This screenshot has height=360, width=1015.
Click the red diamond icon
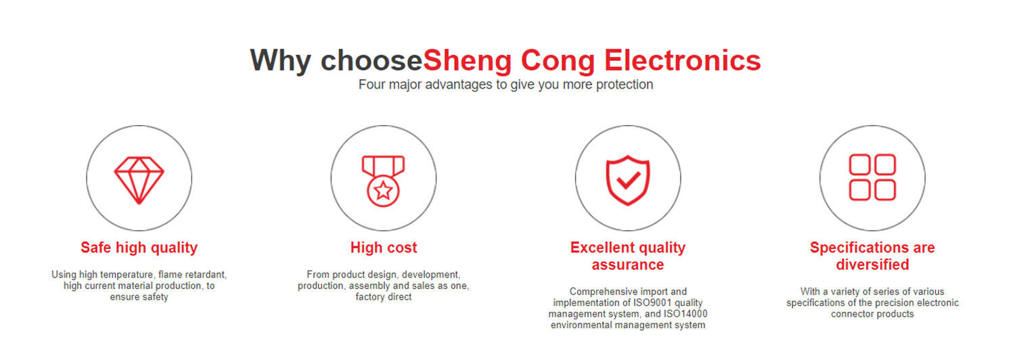[139, 181]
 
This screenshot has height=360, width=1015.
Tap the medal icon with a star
[384, 181]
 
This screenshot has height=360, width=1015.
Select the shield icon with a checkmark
[628, 180]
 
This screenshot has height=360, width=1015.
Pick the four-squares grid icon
[872, 177]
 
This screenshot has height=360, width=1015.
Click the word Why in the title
[281, 61]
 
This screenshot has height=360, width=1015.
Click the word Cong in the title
[558, 61]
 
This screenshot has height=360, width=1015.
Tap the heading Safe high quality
[139, 248]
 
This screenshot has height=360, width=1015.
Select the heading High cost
[384, 248]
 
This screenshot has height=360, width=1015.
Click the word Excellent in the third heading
[602, 247]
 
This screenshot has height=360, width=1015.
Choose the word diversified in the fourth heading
[872, 265]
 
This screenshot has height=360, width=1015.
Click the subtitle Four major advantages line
[505, 85]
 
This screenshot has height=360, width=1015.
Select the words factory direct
[384, 297]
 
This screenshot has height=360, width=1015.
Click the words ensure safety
[139, 297]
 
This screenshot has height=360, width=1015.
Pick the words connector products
[872, 314]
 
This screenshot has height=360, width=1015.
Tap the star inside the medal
[384, 190]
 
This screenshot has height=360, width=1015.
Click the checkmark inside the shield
[629, 180]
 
